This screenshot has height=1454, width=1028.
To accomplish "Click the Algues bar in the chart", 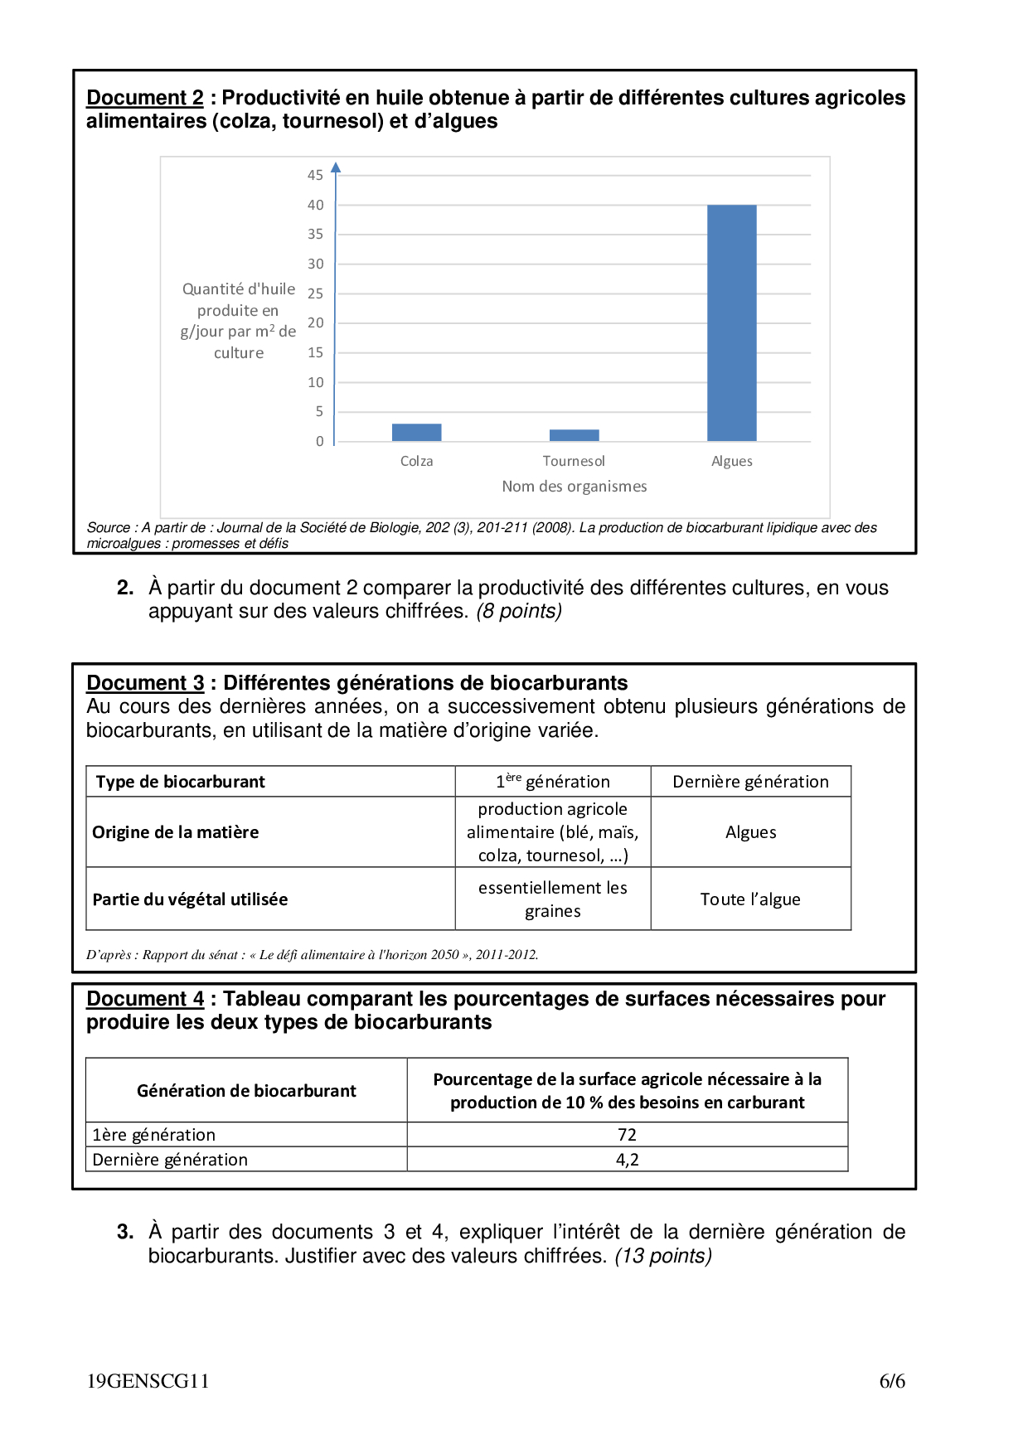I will (731, 322).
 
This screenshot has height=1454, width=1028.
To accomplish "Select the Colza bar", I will (416, 432).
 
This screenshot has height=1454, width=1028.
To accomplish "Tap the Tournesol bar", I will (574, 435).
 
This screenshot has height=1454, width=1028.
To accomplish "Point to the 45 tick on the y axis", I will (315, 175).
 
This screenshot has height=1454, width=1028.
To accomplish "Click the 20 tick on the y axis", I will (315, 322).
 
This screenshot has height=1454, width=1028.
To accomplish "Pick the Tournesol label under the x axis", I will (574, 461).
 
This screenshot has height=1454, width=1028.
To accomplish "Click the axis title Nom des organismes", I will (574, 487).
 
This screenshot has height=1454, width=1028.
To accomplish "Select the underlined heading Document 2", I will (145, 98).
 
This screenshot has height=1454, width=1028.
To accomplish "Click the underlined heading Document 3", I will (145, 683).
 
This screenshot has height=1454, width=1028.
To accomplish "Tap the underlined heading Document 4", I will (145, 999).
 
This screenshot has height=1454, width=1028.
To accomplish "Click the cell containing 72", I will (627, 1135).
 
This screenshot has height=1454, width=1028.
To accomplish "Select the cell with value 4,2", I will (627, 1160).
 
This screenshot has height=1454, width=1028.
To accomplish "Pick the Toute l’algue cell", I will (750, 899).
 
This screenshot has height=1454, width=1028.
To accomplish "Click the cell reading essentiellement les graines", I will (552, 899).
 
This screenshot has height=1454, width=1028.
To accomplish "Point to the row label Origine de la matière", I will (176, 832).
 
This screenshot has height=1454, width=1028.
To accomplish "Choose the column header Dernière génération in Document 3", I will (750, 782).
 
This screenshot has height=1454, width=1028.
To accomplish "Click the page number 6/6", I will (892, 1381).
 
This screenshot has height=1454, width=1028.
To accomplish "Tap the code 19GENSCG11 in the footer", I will (148, 1381).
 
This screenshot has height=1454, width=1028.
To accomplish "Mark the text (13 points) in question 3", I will (663, 1256).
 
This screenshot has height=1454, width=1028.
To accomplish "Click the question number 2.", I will (125, 588).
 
